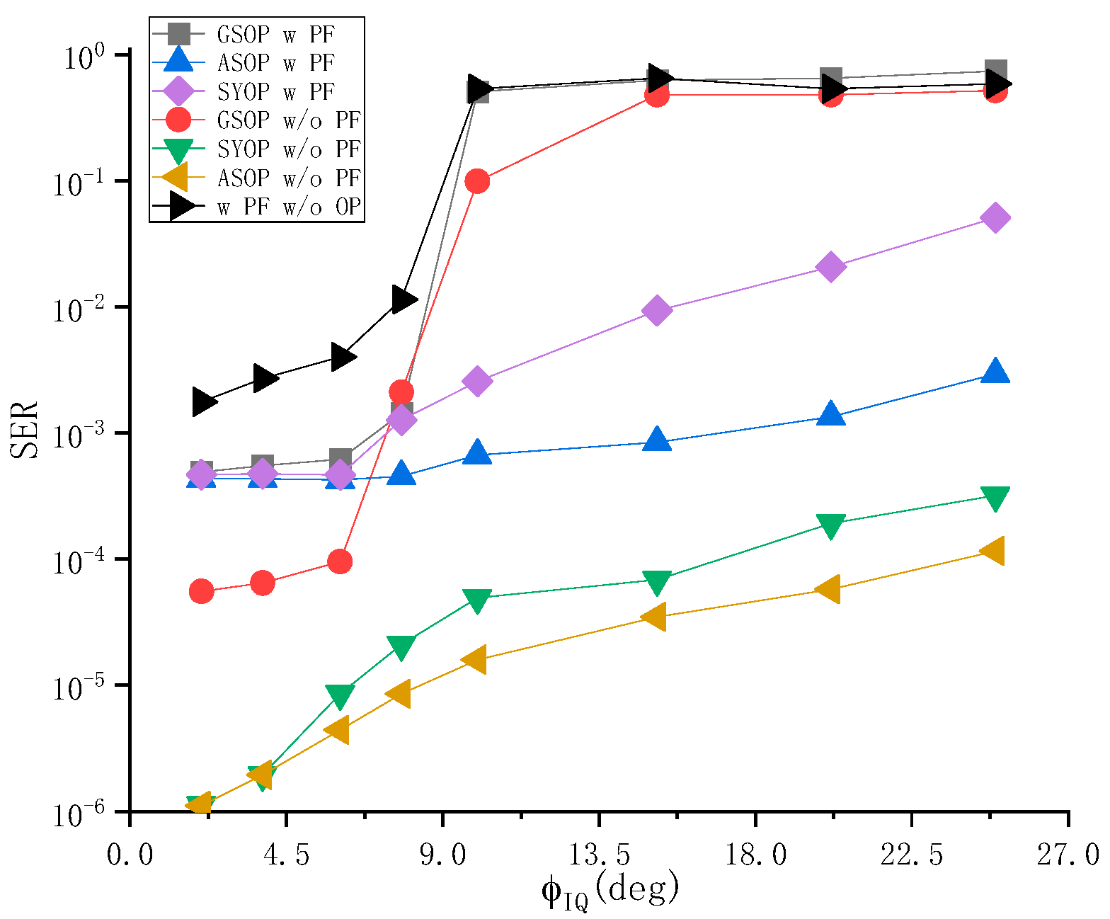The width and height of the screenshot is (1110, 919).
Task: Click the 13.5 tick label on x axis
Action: point(599,855)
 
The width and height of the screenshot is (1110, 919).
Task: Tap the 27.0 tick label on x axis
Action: point(1069,855)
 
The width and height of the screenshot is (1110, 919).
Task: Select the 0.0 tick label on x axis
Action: point(130,855)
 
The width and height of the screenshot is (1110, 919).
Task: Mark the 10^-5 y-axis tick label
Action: point(79,685)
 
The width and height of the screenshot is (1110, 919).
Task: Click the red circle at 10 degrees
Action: point(477,181)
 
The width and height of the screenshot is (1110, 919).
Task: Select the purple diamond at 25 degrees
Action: point(995,218)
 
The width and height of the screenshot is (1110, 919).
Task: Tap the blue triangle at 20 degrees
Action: point(830,413)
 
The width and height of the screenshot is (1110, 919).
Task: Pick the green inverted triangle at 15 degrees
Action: point(657,581)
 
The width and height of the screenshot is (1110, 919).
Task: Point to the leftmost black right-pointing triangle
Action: point(204,402)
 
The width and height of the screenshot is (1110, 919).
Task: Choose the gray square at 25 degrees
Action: point(995,72)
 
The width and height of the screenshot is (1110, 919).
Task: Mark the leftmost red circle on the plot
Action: point(202,590)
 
